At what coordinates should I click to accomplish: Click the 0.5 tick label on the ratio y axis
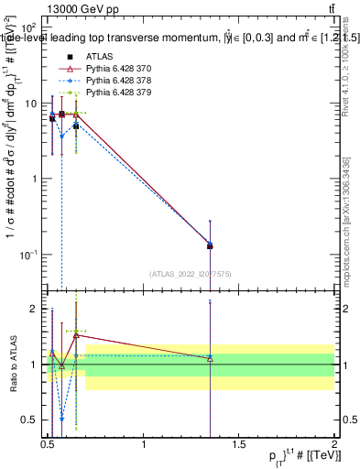tap(32, 420)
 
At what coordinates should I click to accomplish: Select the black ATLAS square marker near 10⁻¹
tap(210, 245)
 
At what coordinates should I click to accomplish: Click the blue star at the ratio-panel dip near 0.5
tap(61, 419)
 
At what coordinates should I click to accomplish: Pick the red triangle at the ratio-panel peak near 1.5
tap(76, 335)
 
